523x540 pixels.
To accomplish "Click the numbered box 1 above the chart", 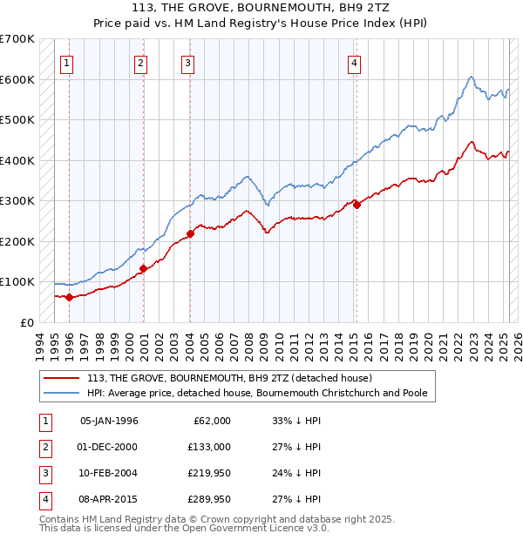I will click(67, 63).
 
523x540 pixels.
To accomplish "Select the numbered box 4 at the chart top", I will click(355, 63).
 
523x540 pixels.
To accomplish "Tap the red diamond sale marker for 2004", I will click(190, 233).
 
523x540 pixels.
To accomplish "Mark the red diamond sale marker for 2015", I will click(357, 205).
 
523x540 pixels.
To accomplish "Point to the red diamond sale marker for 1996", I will click(69, 297).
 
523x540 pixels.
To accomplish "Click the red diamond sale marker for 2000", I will click(143, 268).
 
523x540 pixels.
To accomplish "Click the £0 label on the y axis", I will click(26, 322).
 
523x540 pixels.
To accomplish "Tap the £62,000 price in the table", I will click(210, 421).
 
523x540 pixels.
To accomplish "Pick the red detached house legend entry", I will click(230, 378).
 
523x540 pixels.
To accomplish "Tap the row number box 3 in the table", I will click(44, 474).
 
